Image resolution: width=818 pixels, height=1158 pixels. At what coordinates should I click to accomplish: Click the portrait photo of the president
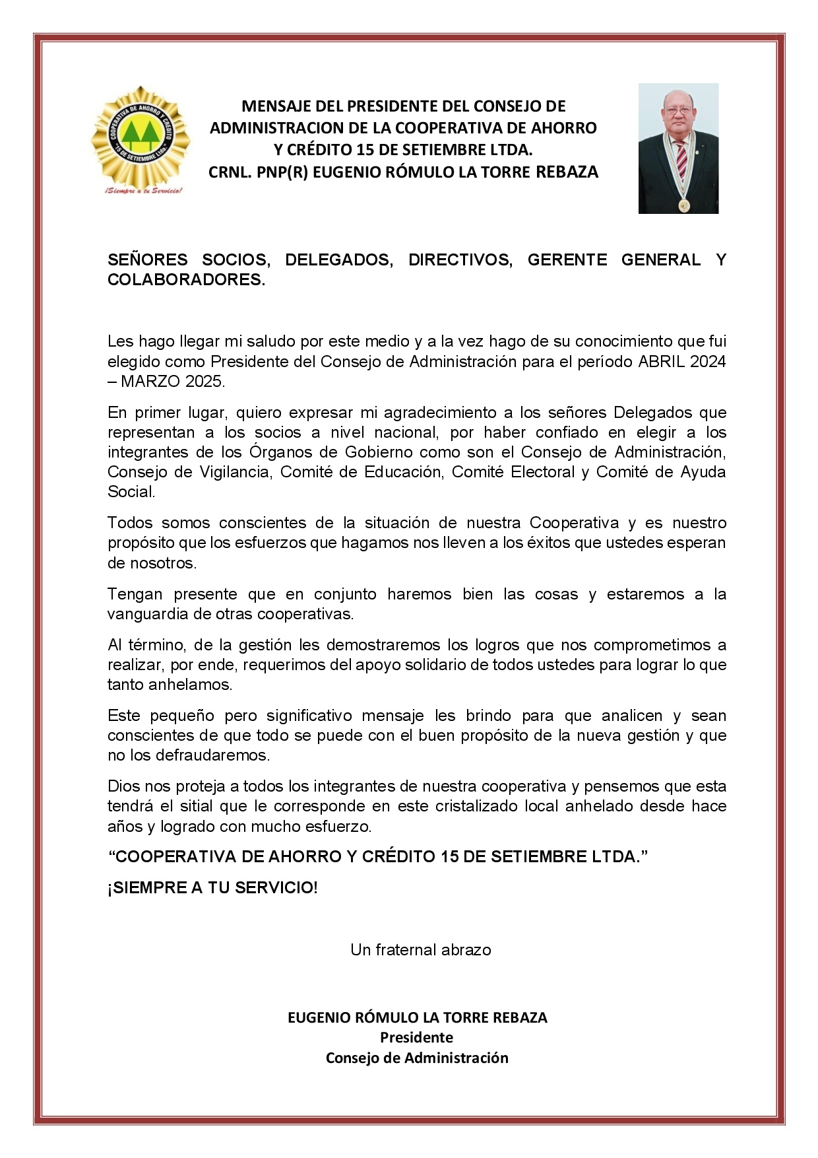pyautogui.click(x=678, y=149)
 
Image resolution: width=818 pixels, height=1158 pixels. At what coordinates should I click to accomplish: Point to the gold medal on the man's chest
pyautogui.click(x=684, y=205)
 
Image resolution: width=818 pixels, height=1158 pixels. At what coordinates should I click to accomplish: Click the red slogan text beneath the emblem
pyautogui.click(x=141, y=190)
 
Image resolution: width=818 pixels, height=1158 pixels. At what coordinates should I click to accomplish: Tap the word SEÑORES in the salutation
pyautogui.click(x=147, y=259)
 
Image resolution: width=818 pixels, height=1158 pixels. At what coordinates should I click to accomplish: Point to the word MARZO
pyautogui.click(x=150, y=381)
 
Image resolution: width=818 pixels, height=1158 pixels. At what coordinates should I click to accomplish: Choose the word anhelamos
pyautogui.click(x=189, y=684)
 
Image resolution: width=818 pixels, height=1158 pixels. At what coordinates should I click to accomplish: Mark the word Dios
pyautogui.click(x=123, y=786)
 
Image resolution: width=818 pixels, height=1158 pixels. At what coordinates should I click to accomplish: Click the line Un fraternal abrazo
pyautogui.click(x=420, y=949)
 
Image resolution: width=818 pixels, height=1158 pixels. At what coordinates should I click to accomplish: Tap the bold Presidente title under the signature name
pyautogui.click(x=416, y=1037)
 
